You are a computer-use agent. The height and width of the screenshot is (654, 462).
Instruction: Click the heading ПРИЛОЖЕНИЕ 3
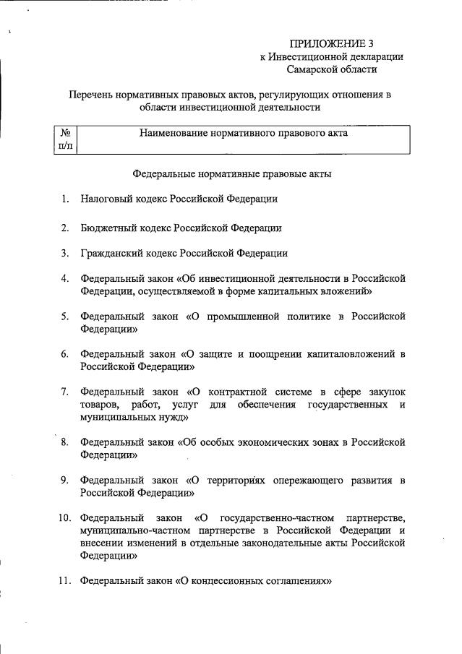click(x=331, y=43)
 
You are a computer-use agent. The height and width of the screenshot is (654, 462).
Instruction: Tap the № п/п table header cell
click(x=65, y=139)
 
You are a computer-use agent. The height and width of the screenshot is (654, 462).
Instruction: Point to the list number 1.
click(x=65, y=199)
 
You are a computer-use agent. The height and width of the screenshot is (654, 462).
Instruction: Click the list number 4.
click(x=65, y=278)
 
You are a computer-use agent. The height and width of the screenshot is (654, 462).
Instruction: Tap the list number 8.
click(x=65, y=442)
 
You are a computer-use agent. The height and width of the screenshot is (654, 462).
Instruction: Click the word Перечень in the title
click(x=91, y=95)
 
